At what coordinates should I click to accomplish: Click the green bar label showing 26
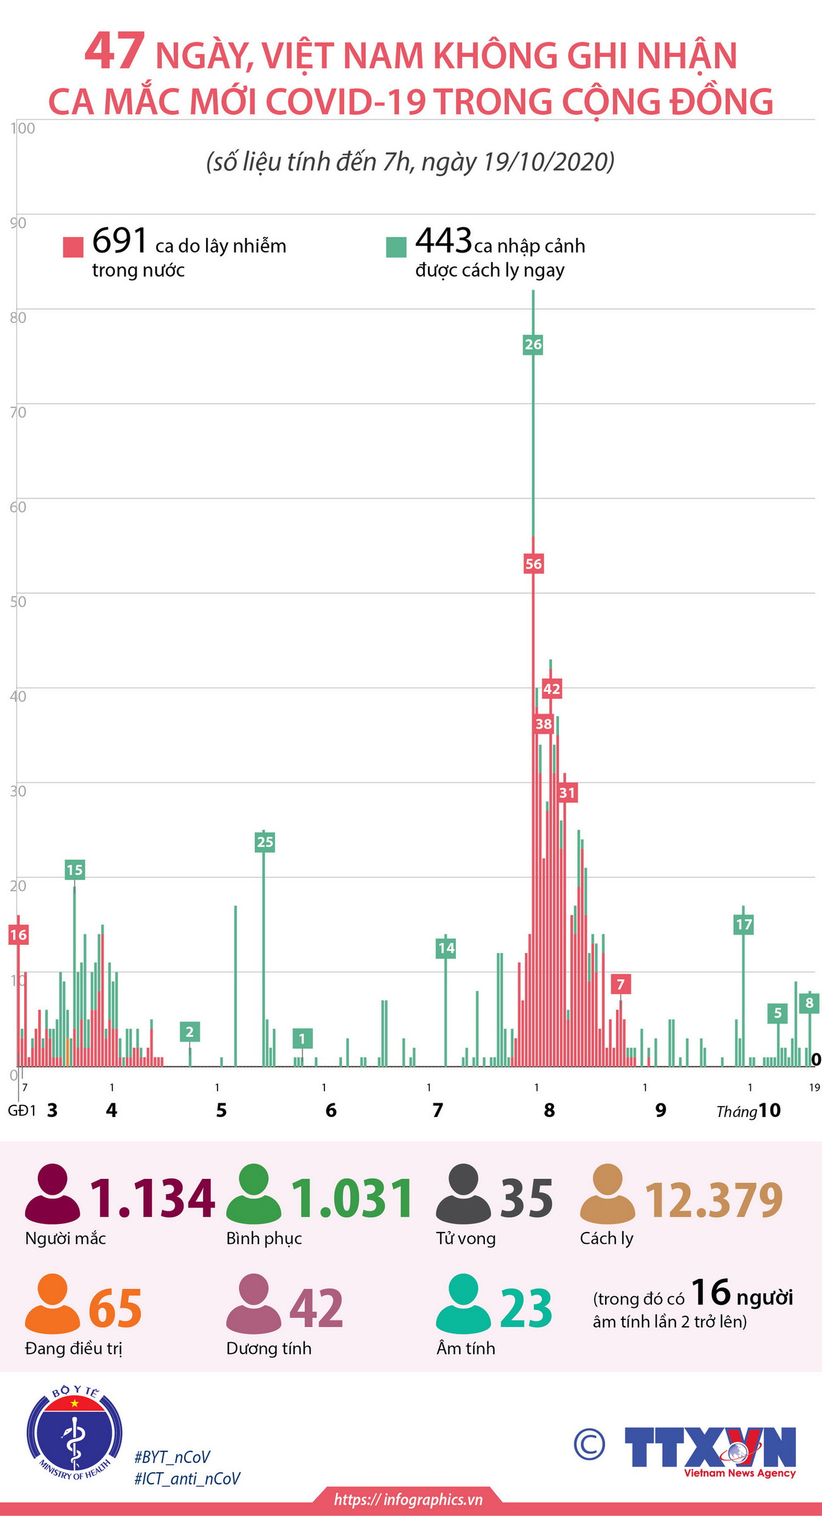click(533, 345)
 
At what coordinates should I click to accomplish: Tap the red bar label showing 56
click(533, 564)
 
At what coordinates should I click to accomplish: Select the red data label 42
click(551, 689)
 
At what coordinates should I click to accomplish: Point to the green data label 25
click(265, 842)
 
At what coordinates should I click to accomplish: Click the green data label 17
click(744, 925)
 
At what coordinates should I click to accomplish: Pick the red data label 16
click(18, 935)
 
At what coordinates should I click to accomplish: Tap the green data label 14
click(446, 947)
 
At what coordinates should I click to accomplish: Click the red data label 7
click(620, 984)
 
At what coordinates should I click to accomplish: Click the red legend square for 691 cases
click(73, 247)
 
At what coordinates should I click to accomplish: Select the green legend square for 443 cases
click(396, 247)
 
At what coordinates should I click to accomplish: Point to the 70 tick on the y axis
click(18, 413)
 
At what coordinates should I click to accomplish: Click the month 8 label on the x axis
click(549, 1110)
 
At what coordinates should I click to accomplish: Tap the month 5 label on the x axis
click(221, 1111)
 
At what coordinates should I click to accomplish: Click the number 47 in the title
click(115, 52)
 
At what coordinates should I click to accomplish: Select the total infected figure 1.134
click(152, 1199)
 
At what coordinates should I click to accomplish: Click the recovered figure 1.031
click(352, 1199)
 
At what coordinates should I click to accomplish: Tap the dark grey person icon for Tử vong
click(463, 1193)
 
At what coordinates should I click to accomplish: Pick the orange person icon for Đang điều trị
click(52, 1303)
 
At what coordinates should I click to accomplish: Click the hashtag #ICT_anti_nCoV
click(187, 1478)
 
